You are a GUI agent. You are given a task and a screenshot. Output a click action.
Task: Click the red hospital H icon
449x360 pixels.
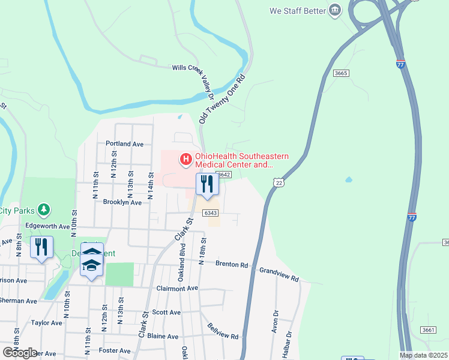point(186,160)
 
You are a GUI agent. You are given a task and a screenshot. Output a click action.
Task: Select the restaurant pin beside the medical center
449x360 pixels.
point(207,185)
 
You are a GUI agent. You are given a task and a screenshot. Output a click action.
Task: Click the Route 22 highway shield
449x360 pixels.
point(278,182)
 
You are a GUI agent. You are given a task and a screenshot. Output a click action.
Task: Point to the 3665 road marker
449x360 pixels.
point(341,73)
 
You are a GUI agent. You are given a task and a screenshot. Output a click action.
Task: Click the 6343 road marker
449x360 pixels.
point(209,213)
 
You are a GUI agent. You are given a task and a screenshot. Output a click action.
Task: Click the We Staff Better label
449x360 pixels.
point(298,11)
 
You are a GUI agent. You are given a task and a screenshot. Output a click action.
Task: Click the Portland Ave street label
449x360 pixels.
point(124,144)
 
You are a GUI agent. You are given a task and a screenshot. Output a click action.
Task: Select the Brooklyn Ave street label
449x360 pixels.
point(122,203)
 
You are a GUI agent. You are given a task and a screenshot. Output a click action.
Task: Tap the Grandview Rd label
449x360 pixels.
point(279,275)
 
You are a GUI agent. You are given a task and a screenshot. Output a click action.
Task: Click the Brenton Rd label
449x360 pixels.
point(232,264)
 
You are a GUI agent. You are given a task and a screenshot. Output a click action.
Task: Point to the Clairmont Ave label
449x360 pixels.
point(176,288)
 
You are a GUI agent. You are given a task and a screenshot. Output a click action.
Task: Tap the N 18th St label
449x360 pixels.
point(204,248)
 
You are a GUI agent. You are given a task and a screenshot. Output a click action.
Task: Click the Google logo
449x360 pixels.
point(20,353)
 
